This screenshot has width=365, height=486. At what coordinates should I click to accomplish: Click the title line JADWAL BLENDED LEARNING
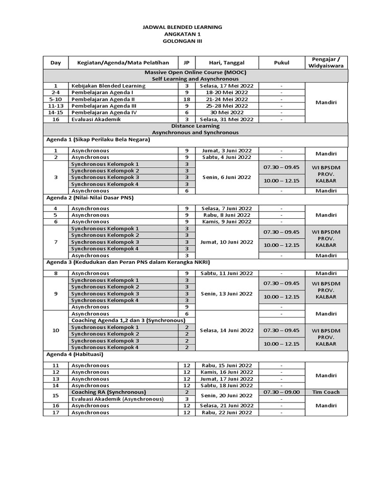click(182, 28)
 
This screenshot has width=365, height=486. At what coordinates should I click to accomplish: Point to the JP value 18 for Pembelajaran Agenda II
click(186, 99)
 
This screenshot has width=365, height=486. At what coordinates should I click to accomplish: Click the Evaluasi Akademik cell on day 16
click(95, 120)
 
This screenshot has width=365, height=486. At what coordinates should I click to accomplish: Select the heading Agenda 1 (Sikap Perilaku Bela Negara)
click(98, 140)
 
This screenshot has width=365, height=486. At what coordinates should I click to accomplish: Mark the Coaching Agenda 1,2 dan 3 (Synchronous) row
click(128, 320)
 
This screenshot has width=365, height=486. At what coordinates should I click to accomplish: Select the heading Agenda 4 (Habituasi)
click(75, 354)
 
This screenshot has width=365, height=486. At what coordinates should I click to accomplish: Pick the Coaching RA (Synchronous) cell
click(108, 392)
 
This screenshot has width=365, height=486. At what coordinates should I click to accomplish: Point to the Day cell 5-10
click(56, 99)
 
